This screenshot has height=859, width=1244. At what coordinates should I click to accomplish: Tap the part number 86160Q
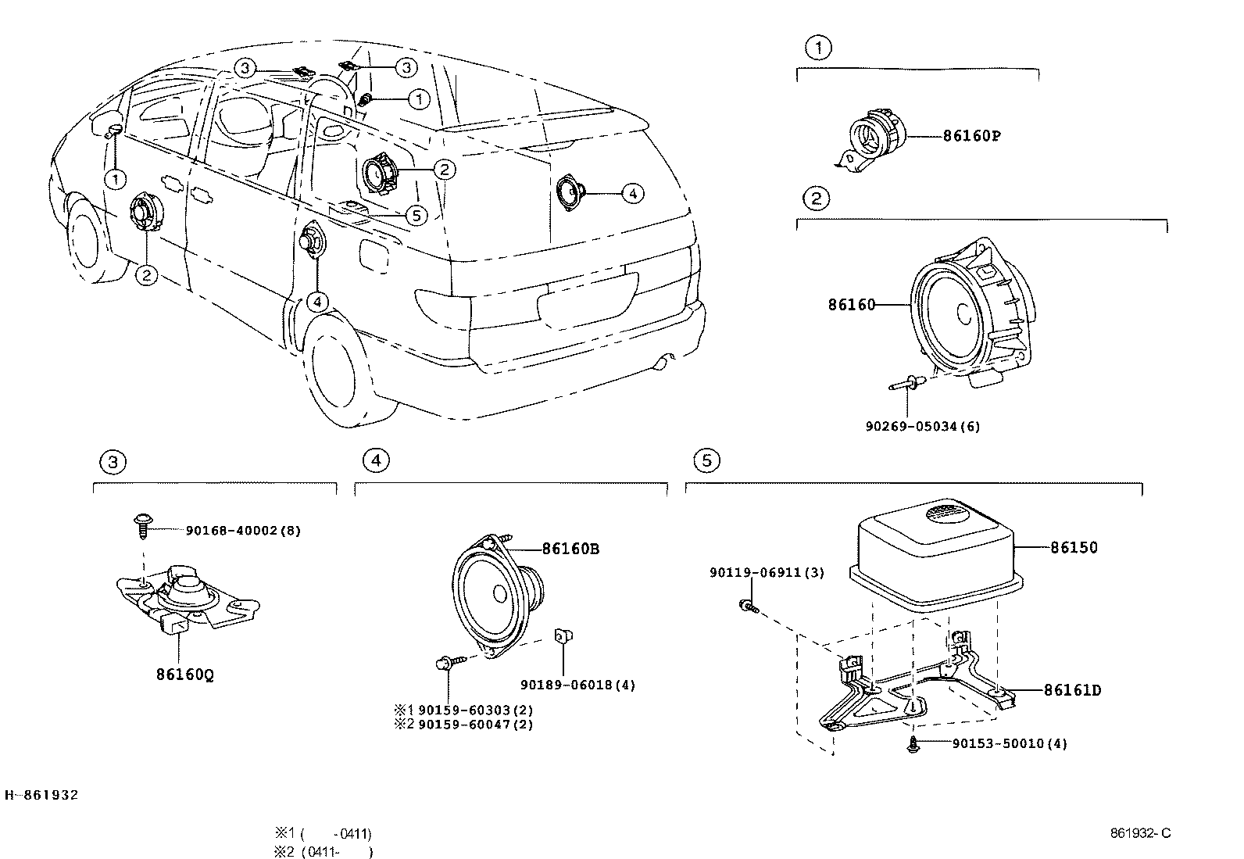pos(184,673)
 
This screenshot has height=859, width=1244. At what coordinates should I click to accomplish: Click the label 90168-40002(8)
pos(243,530)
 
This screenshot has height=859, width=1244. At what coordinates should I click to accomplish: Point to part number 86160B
pos(570,549)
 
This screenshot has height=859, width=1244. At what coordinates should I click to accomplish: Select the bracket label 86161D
pos(1072,690)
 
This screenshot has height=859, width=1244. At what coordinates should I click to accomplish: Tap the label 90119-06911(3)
pos(767,572)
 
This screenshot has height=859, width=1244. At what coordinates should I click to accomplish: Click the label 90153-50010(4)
pos(1009,743)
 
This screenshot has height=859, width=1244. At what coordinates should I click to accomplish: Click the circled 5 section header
pos(706,460)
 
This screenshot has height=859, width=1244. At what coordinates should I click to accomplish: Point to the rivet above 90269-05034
pos(906,384)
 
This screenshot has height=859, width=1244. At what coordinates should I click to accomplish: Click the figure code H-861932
pos(41,795)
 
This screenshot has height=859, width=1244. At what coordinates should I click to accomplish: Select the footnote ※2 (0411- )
pos(323,852)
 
